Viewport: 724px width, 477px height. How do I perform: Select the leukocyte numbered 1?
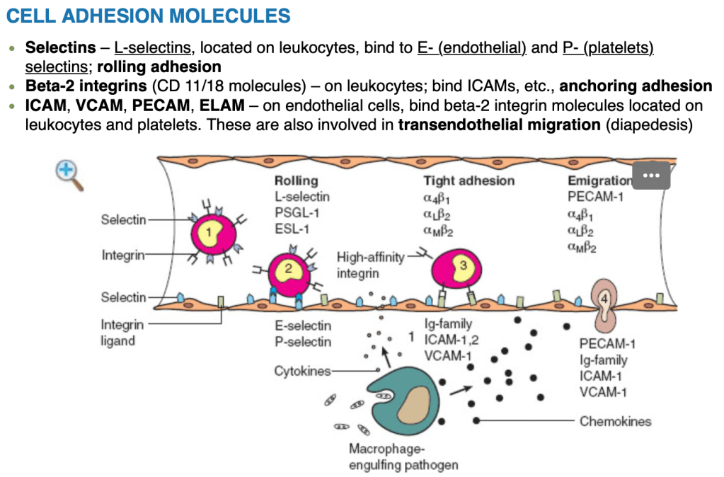pos(209,233)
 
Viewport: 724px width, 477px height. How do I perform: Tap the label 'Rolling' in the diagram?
pos(296,181)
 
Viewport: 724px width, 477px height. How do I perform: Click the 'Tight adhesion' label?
pos(469,181)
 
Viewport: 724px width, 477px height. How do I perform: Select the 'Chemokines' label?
pos(615,421)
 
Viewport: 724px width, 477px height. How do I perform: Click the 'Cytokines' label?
pos(302,371)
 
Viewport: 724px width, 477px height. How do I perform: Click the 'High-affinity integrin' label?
pos(369,266)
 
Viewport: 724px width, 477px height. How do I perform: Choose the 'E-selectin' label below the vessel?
pos(302,326)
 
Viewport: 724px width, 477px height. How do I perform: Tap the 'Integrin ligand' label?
pos(122,333)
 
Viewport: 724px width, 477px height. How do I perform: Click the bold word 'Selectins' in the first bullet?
pos(60,48)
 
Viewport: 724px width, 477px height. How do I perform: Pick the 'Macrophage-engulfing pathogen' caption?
pos(403,457)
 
